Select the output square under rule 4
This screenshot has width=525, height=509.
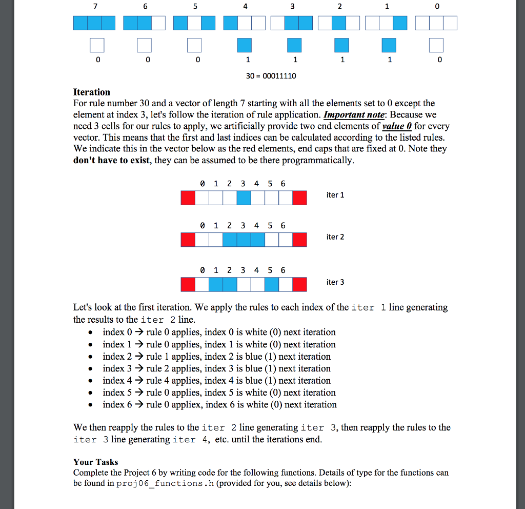245,45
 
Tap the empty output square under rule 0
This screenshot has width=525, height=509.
436,45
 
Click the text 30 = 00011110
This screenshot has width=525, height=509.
271,76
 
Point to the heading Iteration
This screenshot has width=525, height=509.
92,92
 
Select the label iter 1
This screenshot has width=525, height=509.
335,195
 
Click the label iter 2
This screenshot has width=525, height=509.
335,237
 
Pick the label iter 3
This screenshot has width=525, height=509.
335,282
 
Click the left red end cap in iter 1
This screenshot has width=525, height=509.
188,198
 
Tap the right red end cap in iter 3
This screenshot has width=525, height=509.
299,284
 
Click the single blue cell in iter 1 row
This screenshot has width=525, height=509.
244,198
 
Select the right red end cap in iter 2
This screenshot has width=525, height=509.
299,239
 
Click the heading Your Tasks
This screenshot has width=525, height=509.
96,462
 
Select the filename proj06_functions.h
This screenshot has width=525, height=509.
159,484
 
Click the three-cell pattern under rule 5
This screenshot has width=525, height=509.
194,23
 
